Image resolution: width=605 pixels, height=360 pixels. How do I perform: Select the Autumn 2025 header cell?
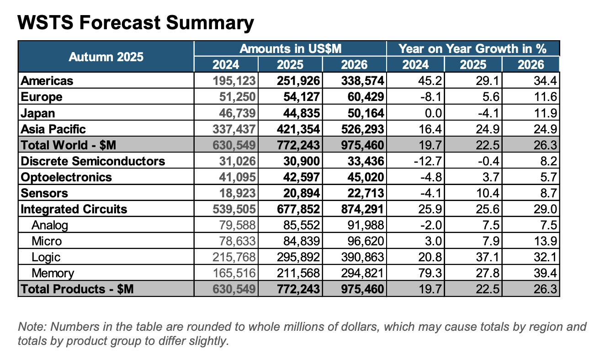pyautogui.click(x=106, y=57)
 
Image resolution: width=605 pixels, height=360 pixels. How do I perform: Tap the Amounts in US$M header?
pyautogui.click(x=291, y=48)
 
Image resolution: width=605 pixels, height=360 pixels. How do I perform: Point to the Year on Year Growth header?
pyautogui.click(x=472, y=48)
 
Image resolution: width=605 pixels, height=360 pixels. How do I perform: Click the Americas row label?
pyautogui.click(x=48, y=81)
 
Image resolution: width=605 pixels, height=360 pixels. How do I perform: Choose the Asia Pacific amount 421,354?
pyautogui.click(x=299, y=129)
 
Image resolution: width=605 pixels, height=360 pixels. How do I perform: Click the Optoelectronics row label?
pyautogui.click(x=66, y=177)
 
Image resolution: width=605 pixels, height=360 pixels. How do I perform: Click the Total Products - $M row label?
pyautogui.click(x=77, y=289)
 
